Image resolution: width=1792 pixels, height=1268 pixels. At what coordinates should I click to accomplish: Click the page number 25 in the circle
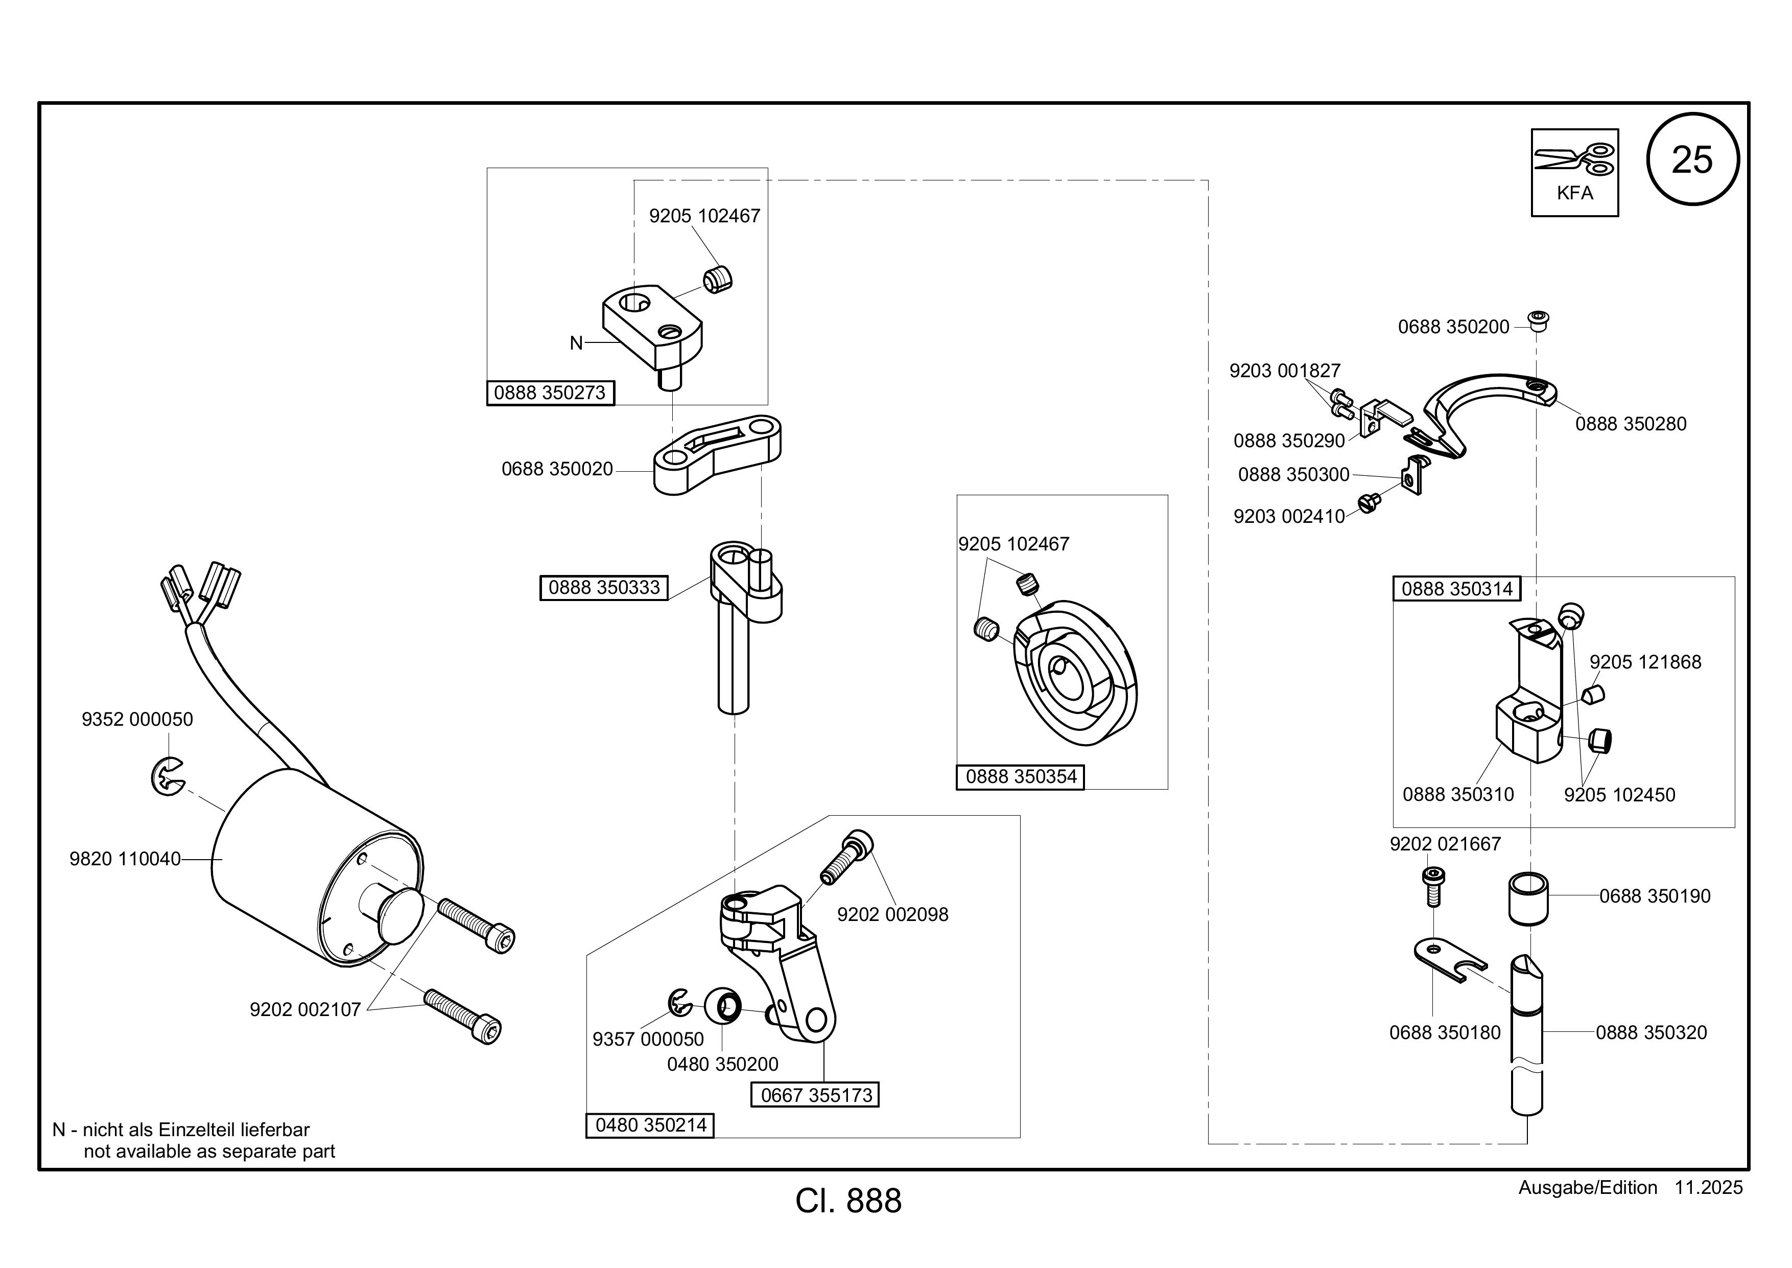click(1692, 160)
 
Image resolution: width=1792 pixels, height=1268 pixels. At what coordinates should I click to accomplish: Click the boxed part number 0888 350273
click(550, 393)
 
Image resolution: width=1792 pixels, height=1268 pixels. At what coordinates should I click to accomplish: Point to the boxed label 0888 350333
click(604, 588)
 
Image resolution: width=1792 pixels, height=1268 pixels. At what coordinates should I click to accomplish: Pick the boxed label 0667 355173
click(816, 1095)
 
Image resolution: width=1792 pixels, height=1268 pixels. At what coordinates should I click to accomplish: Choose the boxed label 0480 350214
click(651, 1125)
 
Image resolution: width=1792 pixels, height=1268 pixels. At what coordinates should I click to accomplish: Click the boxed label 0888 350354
click(1021, 777)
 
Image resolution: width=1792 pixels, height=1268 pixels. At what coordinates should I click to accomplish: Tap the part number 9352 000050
click(137, 719)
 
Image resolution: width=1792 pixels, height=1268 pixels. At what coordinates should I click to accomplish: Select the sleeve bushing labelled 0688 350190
click(1527, 898)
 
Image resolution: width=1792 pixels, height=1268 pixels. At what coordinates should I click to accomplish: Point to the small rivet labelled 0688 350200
click(1538, 321)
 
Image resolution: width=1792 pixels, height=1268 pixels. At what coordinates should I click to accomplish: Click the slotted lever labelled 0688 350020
click(717, 455)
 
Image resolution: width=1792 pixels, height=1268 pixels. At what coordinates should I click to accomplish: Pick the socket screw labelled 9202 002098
click(846, 857)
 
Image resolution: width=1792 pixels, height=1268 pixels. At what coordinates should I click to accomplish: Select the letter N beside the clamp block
click(576, 343)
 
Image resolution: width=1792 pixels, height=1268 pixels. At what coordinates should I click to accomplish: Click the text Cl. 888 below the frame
click(848, 1201)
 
